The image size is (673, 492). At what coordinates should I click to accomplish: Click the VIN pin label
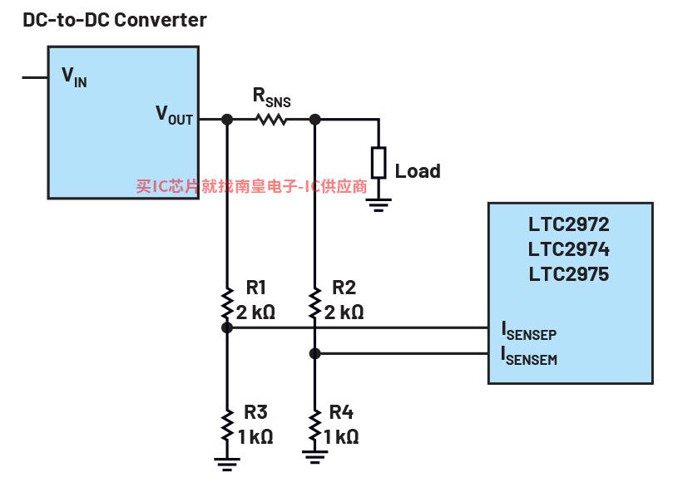pos(74,77)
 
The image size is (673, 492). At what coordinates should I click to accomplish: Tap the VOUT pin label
pos(174,115)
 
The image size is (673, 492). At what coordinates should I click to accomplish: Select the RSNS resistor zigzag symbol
pos(271,119)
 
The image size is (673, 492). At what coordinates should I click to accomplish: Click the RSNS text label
pos(272,97)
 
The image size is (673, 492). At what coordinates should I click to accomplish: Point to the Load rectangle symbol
pos(379,163)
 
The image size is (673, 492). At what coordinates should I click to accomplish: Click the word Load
pos(418,171)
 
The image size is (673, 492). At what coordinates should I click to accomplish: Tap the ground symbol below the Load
pos(379,205)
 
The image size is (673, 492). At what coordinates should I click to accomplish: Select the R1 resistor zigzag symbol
pos(227,303)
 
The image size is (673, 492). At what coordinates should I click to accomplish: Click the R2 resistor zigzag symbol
pos(315,303)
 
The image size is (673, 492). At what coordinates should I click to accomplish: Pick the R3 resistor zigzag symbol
pos(227,425)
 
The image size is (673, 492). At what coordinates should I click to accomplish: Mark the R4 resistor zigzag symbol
pos(315,425)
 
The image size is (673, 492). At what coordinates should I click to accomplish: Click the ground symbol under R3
pos(227,465)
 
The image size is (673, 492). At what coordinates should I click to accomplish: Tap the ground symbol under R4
pos(315,457)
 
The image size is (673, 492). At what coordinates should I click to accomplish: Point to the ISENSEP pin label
pos(529,331)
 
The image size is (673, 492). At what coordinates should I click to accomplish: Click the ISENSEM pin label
pos(529,356)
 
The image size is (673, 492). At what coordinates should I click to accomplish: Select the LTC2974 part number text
pos(569,249)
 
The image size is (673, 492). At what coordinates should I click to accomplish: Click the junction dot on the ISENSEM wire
pos(315,353)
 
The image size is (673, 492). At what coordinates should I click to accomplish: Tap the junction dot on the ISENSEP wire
pos(227,328)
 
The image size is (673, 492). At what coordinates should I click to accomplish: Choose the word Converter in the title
pos(161,20)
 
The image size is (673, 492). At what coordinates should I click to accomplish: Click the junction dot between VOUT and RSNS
pos(227,119)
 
